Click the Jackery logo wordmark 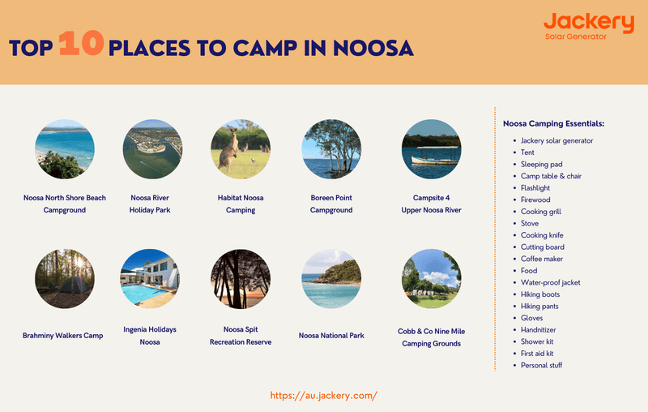point(588,23)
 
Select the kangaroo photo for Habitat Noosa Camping point(240,149)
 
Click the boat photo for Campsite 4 point(431,149)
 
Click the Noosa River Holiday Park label point(150,204)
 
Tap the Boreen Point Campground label point(331,204)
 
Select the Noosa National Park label point(331,335)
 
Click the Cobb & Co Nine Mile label point(431,337)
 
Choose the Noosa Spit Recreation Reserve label point(240,336)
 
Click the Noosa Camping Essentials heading point(553,123)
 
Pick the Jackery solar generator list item point(556,140)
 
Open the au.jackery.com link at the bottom point(324,396)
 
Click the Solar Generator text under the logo point(576,37)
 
